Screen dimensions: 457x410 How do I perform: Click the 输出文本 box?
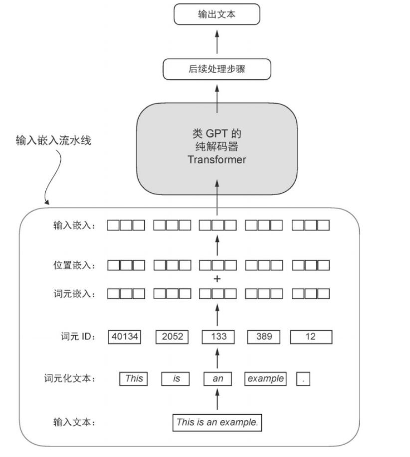216,15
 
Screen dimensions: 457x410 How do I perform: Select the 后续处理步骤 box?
216,69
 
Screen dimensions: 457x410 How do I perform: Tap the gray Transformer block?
216,148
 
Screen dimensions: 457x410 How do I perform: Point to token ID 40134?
125,337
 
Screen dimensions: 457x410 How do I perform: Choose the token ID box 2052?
173,337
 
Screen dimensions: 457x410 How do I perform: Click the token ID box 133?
218,337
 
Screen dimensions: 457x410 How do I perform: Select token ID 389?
264,337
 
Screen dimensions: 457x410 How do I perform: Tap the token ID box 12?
311,337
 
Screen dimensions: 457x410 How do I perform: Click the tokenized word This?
134,378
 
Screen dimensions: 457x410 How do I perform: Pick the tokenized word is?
177,378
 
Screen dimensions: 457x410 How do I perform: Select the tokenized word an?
218,378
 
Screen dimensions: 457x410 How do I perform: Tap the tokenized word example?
265,378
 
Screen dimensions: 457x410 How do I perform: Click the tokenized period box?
303,378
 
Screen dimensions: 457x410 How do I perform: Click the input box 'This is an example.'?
217,422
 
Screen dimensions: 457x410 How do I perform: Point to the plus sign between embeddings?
217,279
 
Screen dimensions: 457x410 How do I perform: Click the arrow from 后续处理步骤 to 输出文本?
216,42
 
